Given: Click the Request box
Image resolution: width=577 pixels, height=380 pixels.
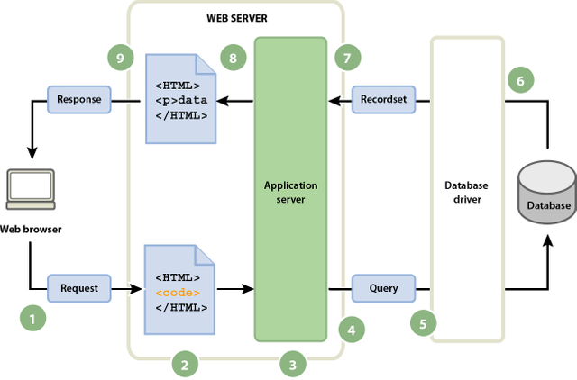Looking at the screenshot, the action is point(79,288).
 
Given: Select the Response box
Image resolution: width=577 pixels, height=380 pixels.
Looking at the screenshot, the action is point(79,100).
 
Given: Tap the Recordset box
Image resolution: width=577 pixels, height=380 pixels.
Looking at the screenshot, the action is point(383,100).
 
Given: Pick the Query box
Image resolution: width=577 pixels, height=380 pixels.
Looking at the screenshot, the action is point(383,288).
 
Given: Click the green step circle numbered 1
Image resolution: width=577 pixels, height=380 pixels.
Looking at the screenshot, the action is point(33,318).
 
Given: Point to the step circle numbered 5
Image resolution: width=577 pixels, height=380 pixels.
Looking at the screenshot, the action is point(424,323).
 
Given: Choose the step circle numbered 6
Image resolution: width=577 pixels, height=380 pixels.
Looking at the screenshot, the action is point(521,80).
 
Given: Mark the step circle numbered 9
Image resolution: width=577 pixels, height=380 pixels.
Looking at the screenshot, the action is point(121,58).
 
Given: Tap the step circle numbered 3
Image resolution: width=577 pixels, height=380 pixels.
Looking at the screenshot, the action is point(293,364).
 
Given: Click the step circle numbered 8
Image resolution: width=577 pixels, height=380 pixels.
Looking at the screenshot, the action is point(234,58).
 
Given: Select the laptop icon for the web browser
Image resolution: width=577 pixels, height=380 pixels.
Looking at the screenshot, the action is point(31,189).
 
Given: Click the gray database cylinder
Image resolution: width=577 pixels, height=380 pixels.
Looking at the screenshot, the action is point(547,192).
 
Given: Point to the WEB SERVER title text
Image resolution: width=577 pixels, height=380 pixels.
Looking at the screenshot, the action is point(237,18).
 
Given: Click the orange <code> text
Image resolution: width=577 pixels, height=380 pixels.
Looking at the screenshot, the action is point(178,293).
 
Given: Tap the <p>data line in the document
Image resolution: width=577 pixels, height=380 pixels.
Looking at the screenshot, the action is point(181,100).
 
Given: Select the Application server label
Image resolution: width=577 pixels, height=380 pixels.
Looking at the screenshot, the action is point(290,192).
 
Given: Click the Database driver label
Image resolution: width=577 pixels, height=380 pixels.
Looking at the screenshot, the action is point(467,192).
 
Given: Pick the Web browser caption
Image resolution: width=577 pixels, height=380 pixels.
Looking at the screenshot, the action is point(31,230).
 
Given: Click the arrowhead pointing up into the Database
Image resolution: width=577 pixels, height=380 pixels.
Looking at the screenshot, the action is point(548,241).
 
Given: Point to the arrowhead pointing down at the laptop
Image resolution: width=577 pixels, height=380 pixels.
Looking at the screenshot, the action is point(32,153).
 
